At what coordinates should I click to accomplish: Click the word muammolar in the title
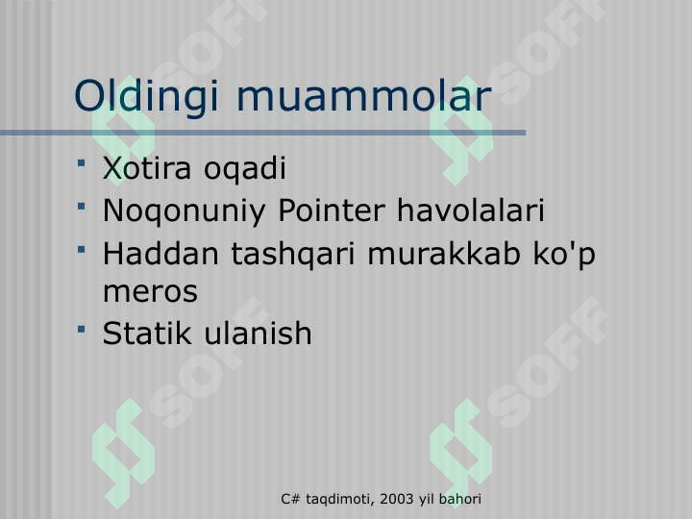[364, 96]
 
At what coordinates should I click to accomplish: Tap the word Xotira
[147, 167]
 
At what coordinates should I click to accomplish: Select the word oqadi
[245, 170]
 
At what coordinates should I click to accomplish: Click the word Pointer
[332, 210]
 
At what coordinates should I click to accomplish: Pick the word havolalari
[470, 210]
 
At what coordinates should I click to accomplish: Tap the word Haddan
[161, 254]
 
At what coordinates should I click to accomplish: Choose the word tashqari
[293, 256]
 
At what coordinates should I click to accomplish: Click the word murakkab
[444, 254]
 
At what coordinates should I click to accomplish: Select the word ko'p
[564, 256]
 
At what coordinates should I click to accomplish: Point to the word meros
[150, 292]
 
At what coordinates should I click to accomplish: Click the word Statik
[146, 333]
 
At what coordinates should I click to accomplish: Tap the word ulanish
[258, 333]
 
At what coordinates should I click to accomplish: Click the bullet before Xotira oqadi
[81, 163]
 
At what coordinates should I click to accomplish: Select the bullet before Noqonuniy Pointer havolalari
[81, 206]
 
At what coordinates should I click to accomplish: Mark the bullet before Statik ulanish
[81, 330]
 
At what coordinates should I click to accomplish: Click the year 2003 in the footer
[396, 499]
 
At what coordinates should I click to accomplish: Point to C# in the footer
[291, 499]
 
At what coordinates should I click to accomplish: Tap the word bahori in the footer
[459, 499]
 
